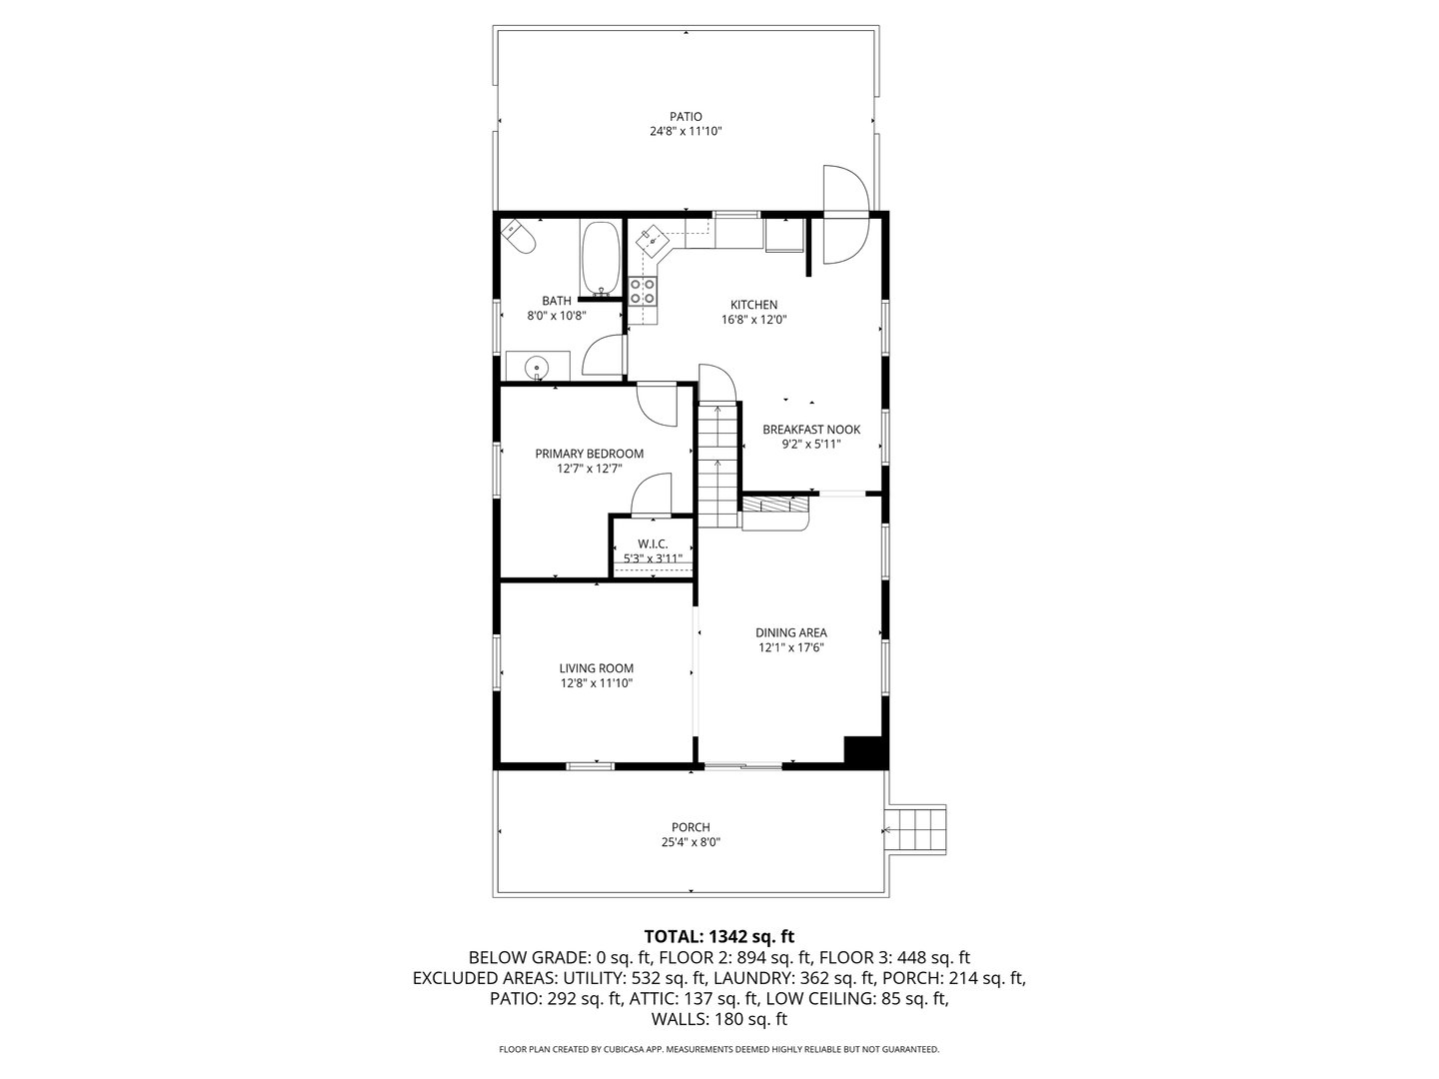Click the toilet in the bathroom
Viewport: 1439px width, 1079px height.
[x=519, y=237]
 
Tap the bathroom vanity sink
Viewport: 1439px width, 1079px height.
[x=538, y=367]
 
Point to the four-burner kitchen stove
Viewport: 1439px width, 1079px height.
[x=644, y=291]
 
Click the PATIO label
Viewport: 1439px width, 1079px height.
[x=686, y=116]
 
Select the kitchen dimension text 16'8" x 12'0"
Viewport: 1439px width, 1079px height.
[x=753, y=320]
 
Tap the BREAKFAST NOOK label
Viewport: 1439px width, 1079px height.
[x=810, y=430]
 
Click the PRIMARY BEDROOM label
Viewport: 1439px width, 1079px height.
[x=589, y=454]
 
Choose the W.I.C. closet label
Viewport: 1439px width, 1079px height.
[x=653, y=543]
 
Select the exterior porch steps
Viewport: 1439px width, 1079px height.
[x=917, y=829]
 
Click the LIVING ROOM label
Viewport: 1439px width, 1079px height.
[x=596, y=668]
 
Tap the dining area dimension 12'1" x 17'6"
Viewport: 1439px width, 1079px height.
[x=790, y=647]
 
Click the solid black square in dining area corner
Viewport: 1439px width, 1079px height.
[x=863, y=751]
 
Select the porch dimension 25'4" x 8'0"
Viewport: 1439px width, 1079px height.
[x=691, y=842]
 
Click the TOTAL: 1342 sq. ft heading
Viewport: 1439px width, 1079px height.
[x=719, y=936]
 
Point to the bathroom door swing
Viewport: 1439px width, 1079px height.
[x=603, y=357]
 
